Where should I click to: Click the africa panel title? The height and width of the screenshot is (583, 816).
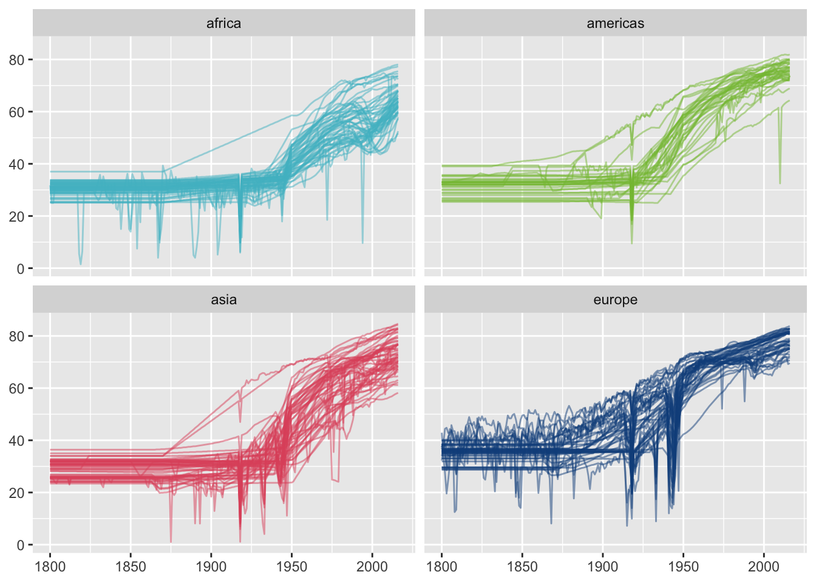click(x=223, y=23)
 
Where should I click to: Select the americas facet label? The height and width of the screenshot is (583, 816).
click(x=615, y=23)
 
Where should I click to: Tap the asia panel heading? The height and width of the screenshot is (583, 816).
click(x=223, y=299)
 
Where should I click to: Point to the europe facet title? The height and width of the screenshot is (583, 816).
click(x=615, y=299)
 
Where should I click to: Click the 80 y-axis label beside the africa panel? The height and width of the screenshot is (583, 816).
click(x=16, y=60)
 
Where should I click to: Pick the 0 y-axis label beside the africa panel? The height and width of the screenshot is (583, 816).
click(x=21, y=268)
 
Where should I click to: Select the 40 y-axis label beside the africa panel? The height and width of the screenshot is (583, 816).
click(x=16, y=164)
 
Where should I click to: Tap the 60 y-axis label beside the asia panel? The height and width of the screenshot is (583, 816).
click(x=16, y=388)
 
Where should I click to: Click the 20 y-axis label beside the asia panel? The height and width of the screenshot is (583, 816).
click(x=16, y=493)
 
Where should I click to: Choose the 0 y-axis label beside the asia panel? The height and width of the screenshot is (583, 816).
click(x=21, y=545)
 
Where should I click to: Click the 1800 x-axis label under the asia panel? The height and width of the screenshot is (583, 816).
click(x=50, y=567)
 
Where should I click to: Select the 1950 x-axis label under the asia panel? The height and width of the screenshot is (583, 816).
click(x=291, y=567)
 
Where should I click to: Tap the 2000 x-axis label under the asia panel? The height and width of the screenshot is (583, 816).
click(x=372, y=567)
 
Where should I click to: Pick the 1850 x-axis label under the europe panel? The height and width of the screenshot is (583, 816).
click(x=522, y=567)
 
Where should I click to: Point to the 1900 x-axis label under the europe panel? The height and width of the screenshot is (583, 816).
click(x=602, y=567)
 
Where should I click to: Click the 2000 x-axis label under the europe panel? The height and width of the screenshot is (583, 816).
click(x=763, y=567)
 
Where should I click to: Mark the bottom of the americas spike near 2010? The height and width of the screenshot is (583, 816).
click(x=780, y=183)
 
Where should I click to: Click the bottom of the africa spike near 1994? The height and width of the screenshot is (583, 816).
click(x=363, y=243)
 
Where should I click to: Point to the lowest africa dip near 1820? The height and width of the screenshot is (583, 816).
click(x=81, y=264)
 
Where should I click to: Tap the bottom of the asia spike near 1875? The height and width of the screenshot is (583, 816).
click(x=171, y=542)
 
